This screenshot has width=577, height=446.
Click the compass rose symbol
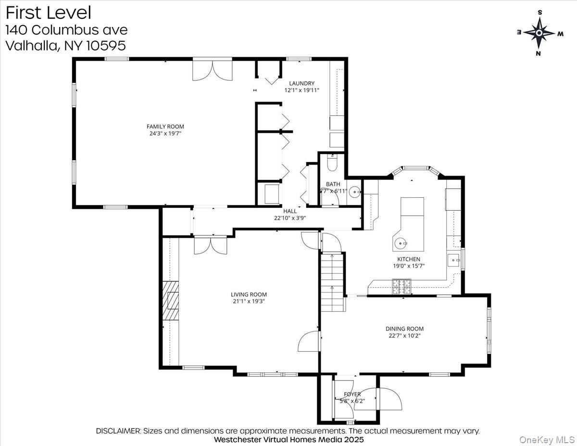tap(539, 33)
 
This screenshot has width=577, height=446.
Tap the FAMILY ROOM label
tap(165, 127)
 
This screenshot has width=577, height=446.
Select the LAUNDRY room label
tap(301, 83)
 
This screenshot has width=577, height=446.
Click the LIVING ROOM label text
tap(249, 294)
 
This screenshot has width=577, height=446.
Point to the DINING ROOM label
tap(404, 329)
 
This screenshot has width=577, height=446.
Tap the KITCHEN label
tap(408, 259)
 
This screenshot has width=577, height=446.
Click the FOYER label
tap(352, 394)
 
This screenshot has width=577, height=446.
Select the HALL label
tap(290, 211)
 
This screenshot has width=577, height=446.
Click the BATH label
tap(333, 184)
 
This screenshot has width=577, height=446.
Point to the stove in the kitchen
tap(402, 287)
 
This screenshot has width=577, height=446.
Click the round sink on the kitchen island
tap(400, 243)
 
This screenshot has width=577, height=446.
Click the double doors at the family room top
tap(212, 70)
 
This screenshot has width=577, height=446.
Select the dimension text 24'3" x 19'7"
tap(165, 134)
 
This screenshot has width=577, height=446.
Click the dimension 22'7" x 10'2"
tap(404, 336)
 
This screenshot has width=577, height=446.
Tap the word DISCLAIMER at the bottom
tap(118, 431)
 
